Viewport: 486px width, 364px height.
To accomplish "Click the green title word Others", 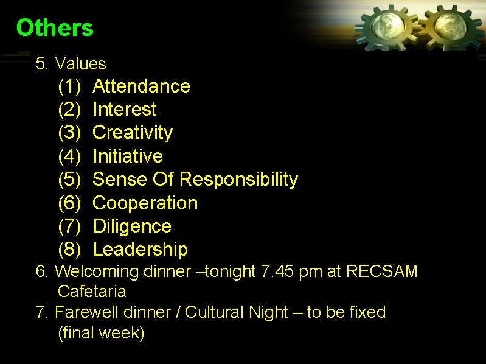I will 55,28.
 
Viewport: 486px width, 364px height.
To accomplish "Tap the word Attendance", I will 141,86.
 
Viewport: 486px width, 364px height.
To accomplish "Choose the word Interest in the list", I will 125,110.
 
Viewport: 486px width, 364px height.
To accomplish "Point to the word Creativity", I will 133,133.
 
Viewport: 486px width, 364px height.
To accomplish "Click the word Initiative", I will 128,156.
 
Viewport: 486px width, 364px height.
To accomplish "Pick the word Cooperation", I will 145,203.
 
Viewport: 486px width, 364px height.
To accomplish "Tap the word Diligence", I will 132,226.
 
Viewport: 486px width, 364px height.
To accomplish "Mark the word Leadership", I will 141,250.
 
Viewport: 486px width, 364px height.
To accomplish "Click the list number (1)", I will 69,86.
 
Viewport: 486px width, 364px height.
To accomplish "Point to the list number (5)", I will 69,180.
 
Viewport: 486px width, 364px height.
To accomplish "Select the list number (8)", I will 69,250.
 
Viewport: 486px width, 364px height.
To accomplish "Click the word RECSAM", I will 381,271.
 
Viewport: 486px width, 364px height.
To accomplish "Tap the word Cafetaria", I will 92,292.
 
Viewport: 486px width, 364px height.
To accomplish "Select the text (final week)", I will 101,334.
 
